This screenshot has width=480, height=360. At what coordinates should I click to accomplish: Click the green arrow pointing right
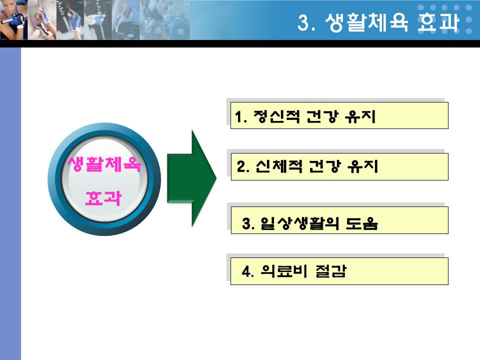(191, 178)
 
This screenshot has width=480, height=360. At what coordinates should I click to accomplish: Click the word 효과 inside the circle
(103, 198)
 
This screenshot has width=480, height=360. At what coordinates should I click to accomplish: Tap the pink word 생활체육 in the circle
(104, 164)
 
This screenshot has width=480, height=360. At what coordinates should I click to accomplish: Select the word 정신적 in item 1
(276, 116)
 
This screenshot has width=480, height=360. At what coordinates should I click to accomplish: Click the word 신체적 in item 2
(279, 166)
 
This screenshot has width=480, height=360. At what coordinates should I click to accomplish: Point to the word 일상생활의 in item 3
(299, 223)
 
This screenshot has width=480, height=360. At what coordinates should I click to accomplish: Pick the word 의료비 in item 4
(284, 271)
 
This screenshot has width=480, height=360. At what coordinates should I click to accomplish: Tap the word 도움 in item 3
(362, 223)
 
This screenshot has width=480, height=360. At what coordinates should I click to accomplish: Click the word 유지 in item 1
(360, 116)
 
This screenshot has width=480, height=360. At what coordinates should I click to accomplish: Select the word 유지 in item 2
(363, 166)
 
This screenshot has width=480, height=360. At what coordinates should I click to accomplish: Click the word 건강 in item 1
(322, 116)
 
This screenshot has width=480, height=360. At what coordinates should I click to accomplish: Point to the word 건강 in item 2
(325, 166)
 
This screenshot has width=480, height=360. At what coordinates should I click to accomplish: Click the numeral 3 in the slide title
(303, 22)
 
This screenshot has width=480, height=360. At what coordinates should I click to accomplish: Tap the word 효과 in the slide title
(438, 22)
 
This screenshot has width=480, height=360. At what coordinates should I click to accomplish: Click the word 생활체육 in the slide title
(366, 22)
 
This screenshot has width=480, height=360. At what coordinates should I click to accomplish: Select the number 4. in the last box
(247, 271)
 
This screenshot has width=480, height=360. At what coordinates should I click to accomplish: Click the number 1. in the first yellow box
(241, 117)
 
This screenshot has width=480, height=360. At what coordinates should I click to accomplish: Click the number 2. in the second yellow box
(243, 167)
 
